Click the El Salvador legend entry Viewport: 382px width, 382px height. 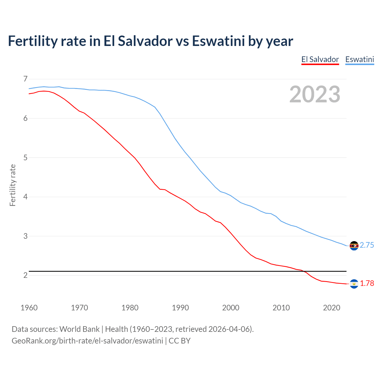pyautogui.click(x=320, y=59)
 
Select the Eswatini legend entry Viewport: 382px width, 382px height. pyautogui.click(x=360, y=59)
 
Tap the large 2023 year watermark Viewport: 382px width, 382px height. pyautogui.click(x=315, y=94)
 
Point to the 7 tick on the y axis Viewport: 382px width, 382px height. pyautogui.click(x=25, y=79)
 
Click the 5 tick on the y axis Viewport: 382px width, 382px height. pyautogui.click(x=25, y=158)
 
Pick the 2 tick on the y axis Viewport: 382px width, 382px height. pyautogui.click(x=25, y=275)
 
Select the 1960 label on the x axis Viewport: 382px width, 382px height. pyautogui.click(x=29, y=308)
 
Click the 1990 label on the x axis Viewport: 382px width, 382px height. pyautogui.click(x=180, y=308)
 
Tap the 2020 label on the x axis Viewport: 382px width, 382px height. pyautogui.click(x=332, y=308)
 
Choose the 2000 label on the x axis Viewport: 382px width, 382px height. pyautogui.click(x=231, y=308)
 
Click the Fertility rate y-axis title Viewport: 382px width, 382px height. pyautogui.click(x=13, y=185)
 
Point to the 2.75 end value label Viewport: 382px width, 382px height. pyautogui.click(x=367, y=245)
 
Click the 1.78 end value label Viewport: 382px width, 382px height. pyautogui.click(x=367, y=284)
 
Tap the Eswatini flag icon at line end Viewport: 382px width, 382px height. pyautogui.click(x=354, y=246)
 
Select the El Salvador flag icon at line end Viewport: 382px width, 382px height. pyautogui.click(x=354, y=284)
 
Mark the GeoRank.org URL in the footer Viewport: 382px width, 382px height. pyautogui.click(x=87, y=341)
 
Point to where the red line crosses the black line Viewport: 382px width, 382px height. pyautogui.click(x=304, y=271)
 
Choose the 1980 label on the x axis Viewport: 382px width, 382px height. pyautogui.click(x=130, y=308)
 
